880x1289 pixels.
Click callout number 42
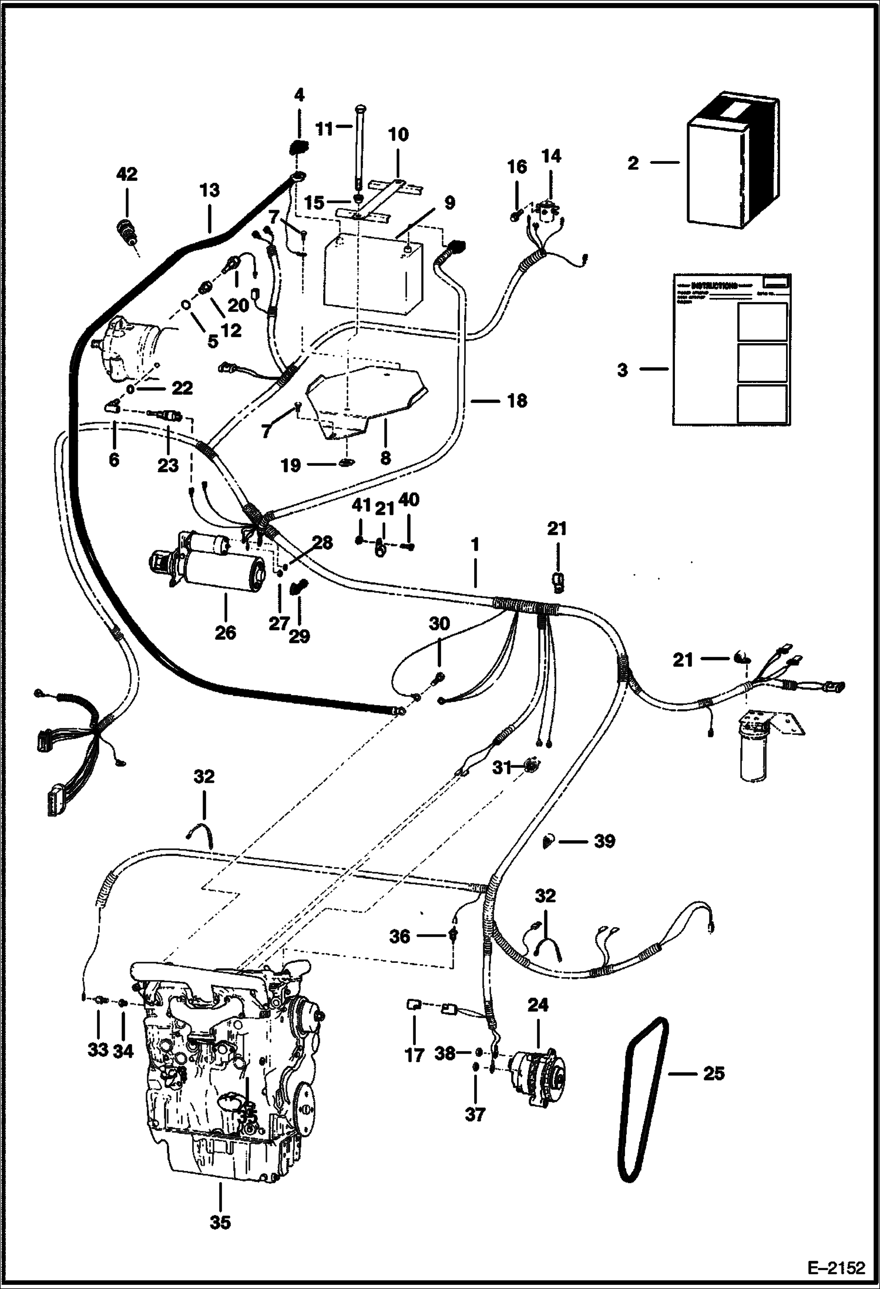(127, 174)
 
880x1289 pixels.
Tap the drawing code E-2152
(841, 1267)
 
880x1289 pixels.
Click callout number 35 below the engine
(220, 1222)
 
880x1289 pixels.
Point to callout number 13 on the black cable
(210, 190)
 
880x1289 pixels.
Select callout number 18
(516, 401)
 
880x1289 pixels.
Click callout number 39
(604, 841)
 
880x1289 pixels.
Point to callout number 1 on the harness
(475, 545)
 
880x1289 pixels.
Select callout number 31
(501, 767)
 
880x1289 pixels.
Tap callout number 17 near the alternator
(414, 1055)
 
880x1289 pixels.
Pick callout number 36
(400, 936)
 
